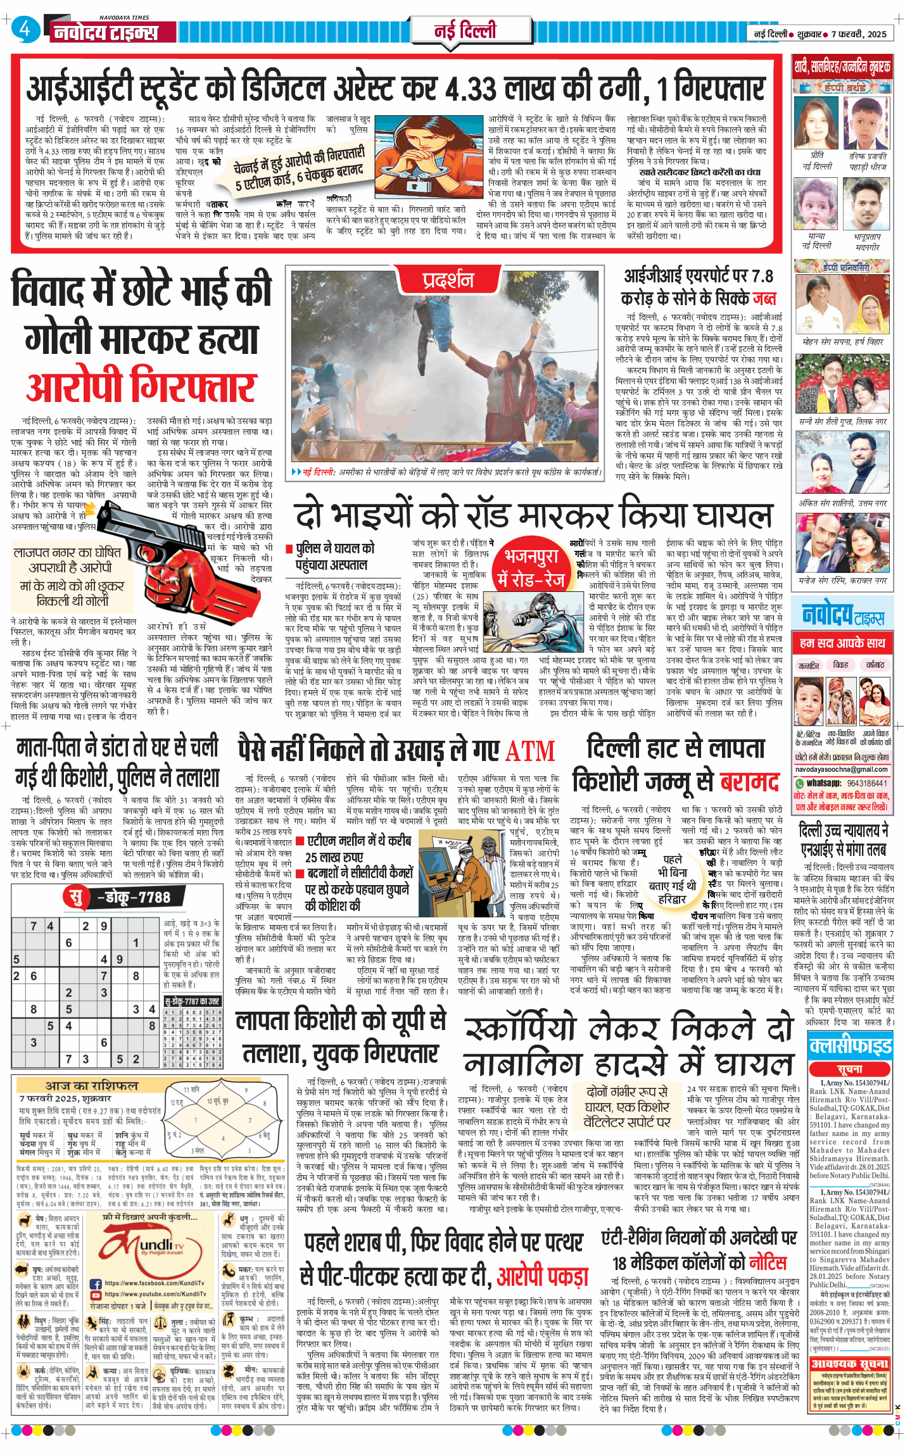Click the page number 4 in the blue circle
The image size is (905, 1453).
tap(25, 29)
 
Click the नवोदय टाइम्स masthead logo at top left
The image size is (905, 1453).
tap(106, 32)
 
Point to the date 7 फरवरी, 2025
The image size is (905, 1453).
tap(859, 34)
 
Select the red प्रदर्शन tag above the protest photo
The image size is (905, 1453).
tap(448, 279)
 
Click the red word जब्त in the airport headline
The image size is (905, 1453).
tap(764, 298)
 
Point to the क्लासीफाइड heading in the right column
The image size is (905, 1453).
tap(850, 1046)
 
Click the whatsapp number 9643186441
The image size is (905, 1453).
tap(867, 783)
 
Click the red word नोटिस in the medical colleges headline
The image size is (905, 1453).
tap(768, 1262)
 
